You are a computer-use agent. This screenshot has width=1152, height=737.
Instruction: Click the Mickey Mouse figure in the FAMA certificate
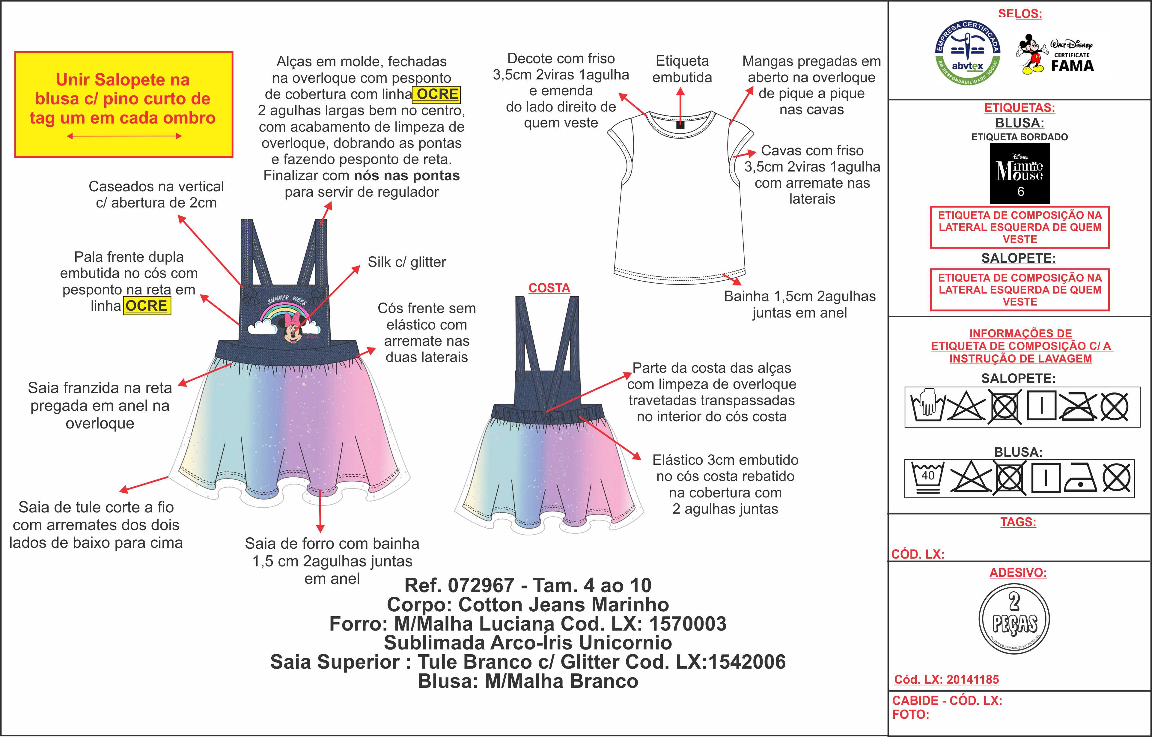click(1032, 54)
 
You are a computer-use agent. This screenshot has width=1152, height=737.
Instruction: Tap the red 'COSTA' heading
click(549, 288)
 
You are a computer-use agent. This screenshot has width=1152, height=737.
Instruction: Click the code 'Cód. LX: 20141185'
click(946, 679)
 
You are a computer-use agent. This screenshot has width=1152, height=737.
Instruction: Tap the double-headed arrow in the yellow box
click(124, 136)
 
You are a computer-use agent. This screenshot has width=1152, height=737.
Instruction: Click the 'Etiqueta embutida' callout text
click(682, 69)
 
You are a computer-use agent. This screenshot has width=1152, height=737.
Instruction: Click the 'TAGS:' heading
click(1018, 522)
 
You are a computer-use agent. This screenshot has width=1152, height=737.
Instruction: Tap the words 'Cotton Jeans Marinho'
click(564, 604)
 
